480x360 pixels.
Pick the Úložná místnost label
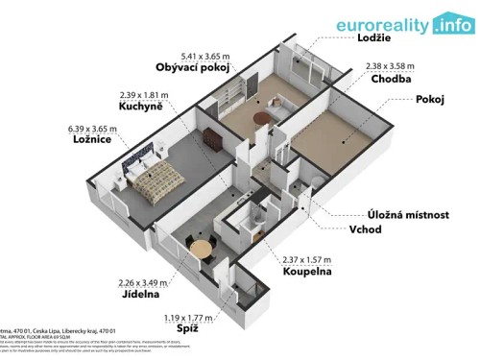(407, 215)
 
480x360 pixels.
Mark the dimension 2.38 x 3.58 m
(391, 66)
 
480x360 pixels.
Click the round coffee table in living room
(261, 116)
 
